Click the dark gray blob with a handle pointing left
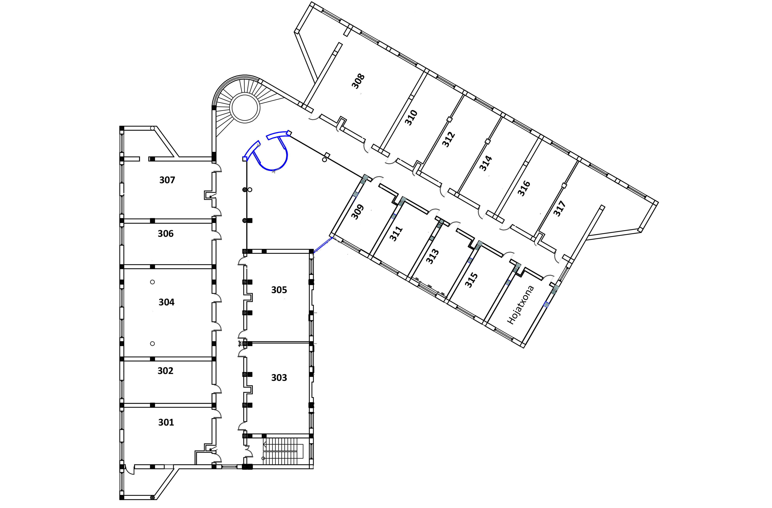pyautogui.click(x=250, y=451)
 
